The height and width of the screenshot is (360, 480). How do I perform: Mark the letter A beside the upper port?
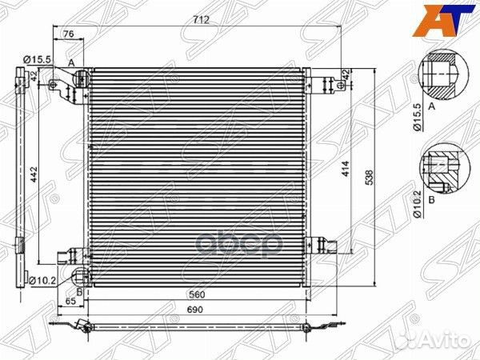click(x=70, y=62)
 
